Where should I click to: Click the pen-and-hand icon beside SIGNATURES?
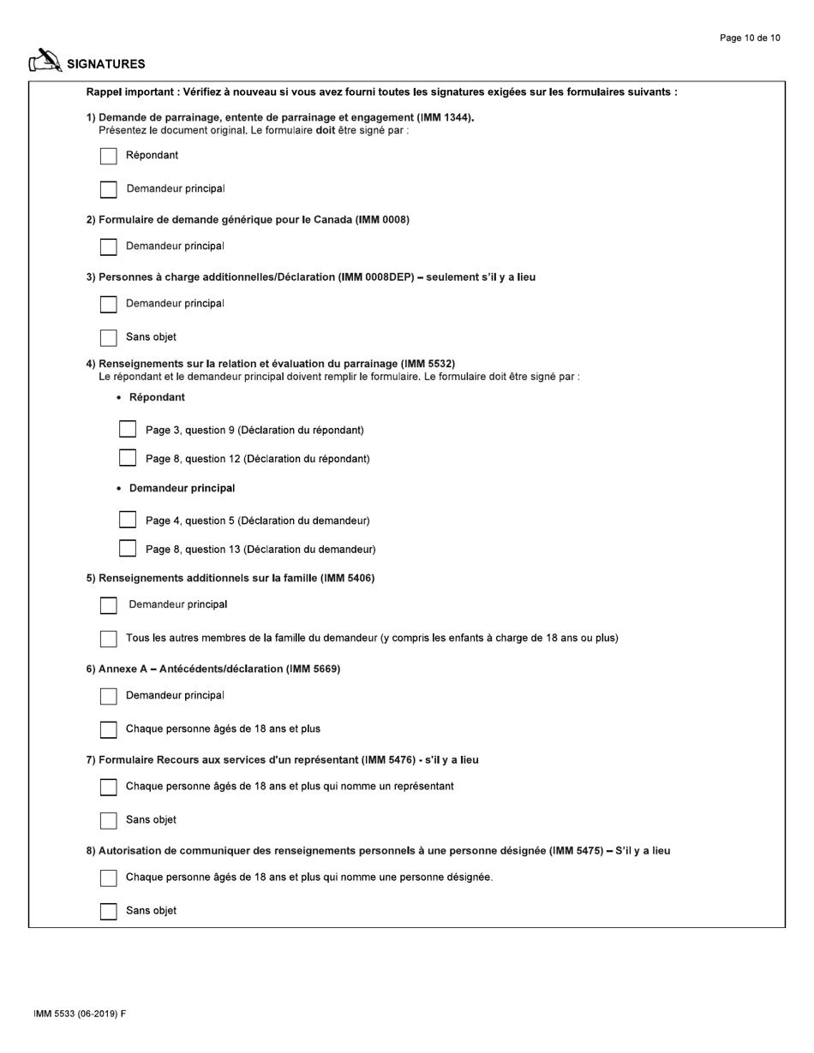click(x=45, y=61)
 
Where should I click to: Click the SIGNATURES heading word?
click(x=106, y=64)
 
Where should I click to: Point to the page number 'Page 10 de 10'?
click(x=750, y=38)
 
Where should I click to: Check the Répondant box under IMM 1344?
click(x=109, y=156)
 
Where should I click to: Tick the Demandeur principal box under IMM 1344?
click(x=109, y=189)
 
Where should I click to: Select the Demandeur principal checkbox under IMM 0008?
click(x=109, y=247)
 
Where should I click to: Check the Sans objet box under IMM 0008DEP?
click(x=109, y=337)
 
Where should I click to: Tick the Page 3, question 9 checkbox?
click(x=128, y=429)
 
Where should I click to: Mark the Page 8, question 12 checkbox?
click(x=128, y=458)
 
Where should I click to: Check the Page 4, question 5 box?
click(x=128, y=520)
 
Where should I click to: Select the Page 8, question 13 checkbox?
click(x=128, y=549)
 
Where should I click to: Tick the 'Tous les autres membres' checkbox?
click(x=109, y=639)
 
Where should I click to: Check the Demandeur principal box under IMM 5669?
click(x=109, y=696)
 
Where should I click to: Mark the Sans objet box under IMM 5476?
click(x=109, y=820)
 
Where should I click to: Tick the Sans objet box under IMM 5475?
click(x=109, y=911)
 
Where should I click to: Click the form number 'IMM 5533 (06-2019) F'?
click(x=80, y=1014)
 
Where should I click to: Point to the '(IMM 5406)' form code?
click(x=347, y=578)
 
